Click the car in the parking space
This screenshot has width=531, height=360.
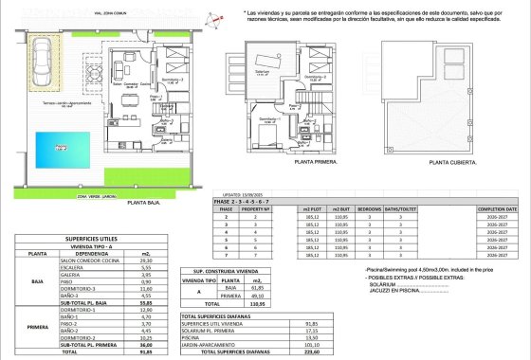coord(43,73)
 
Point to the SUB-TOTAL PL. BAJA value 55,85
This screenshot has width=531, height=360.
coord(146,303)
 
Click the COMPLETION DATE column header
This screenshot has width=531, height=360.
coord(498,208)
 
